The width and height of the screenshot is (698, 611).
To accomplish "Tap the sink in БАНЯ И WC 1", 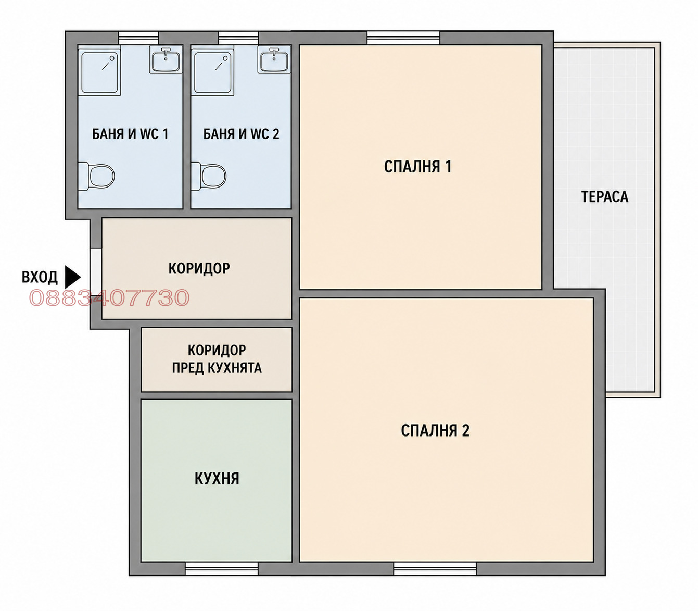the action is pos(166,59).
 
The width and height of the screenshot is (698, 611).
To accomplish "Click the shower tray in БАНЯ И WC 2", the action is pos(212,71).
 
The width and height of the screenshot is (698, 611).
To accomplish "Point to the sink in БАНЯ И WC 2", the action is pos(274,59).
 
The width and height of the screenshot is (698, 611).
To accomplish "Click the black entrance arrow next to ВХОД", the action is pos(73,277).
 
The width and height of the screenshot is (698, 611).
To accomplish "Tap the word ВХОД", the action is pos(40,277).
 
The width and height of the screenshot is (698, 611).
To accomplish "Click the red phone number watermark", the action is pos(109,297).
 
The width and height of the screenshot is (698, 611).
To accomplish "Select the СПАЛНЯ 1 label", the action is pos(417,167).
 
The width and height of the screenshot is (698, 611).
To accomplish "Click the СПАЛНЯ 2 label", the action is pos(435,430).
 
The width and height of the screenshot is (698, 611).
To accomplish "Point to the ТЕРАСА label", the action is pos(604,197).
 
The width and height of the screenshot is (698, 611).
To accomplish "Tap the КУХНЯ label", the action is pos(217,479).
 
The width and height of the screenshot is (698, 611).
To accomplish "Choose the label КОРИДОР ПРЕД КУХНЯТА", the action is pos(217,359).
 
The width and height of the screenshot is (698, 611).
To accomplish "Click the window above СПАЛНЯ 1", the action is pos(403,38).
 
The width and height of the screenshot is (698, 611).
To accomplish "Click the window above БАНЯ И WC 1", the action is pos(138,38).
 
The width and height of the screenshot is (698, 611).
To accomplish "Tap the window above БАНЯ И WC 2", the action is pos(238,38).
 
